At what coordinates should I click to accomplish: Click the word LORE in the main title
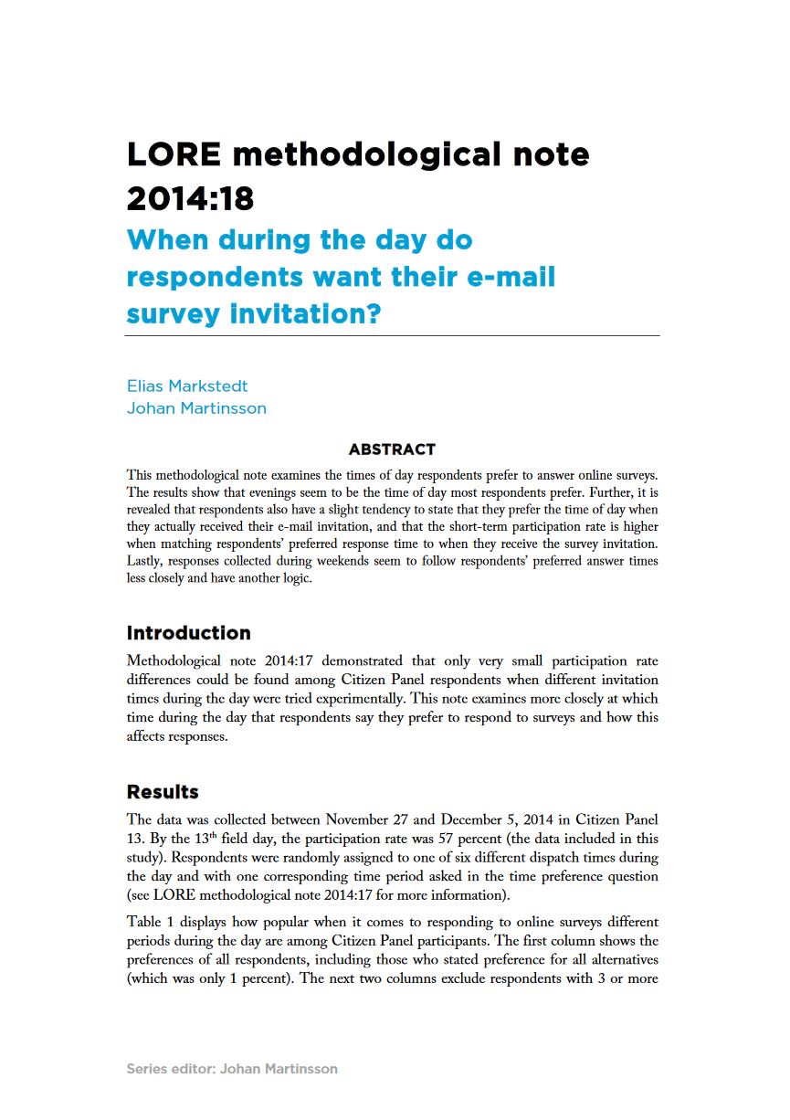tap(174, 154)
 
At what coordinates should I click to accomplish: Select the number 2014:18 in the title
tap(190, 197)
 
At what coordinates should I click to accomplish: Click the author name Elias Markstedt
tap(187, 386)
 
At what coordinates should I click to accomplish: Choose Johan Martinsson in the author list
tap(196, 408)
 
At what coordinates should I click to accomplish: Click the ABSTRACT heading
tap(392, 449)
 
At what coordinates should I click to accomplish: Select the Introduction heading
tap(188, 633)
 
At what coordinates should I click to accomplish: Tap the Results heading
tap(163, 791)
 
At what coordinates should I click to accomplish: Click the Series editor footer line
tap(232, 1068)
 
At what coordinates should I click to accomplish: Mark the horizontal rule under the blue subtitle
tap(392, 336)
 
